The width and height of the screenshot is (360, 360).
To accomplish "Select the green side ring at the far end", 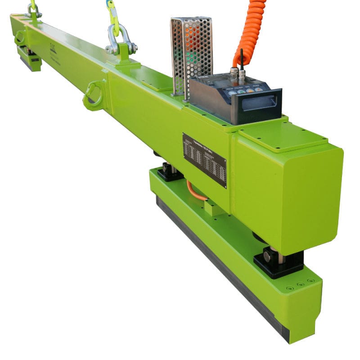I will click(x=19, y=38).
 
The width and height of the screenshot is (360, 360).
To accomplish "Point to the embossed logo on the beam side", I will click(x=54, y=48).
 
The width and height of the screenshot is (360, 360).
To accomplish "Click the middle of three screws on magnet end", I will click(x=300, y=284).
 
